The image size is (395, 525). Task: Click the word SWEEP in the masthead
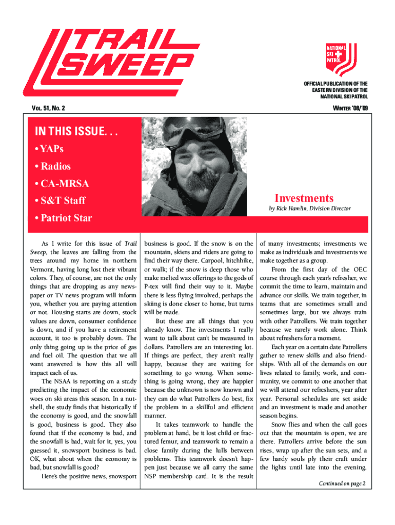tap(126, 65)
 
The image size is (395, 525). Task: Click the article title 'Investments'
tap(304, 198)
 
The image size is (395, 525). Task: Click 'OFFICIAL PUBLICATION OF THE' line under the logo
tap(335, 84)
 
